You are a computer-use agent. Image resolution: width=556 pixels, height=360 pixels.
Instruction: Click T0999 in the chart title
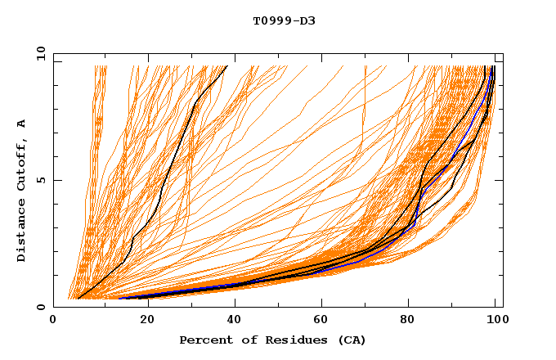(269, 21)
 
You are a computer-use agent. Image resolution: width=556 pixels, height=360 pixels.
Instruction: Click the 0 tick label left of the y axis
(39, 307)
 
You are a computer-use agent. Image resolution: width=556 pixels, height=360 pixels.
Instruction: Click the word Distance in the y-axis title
(21, 230)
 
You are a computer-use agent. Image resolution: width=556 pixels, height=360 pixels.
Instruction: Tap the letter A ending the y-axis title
(21, 123)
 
